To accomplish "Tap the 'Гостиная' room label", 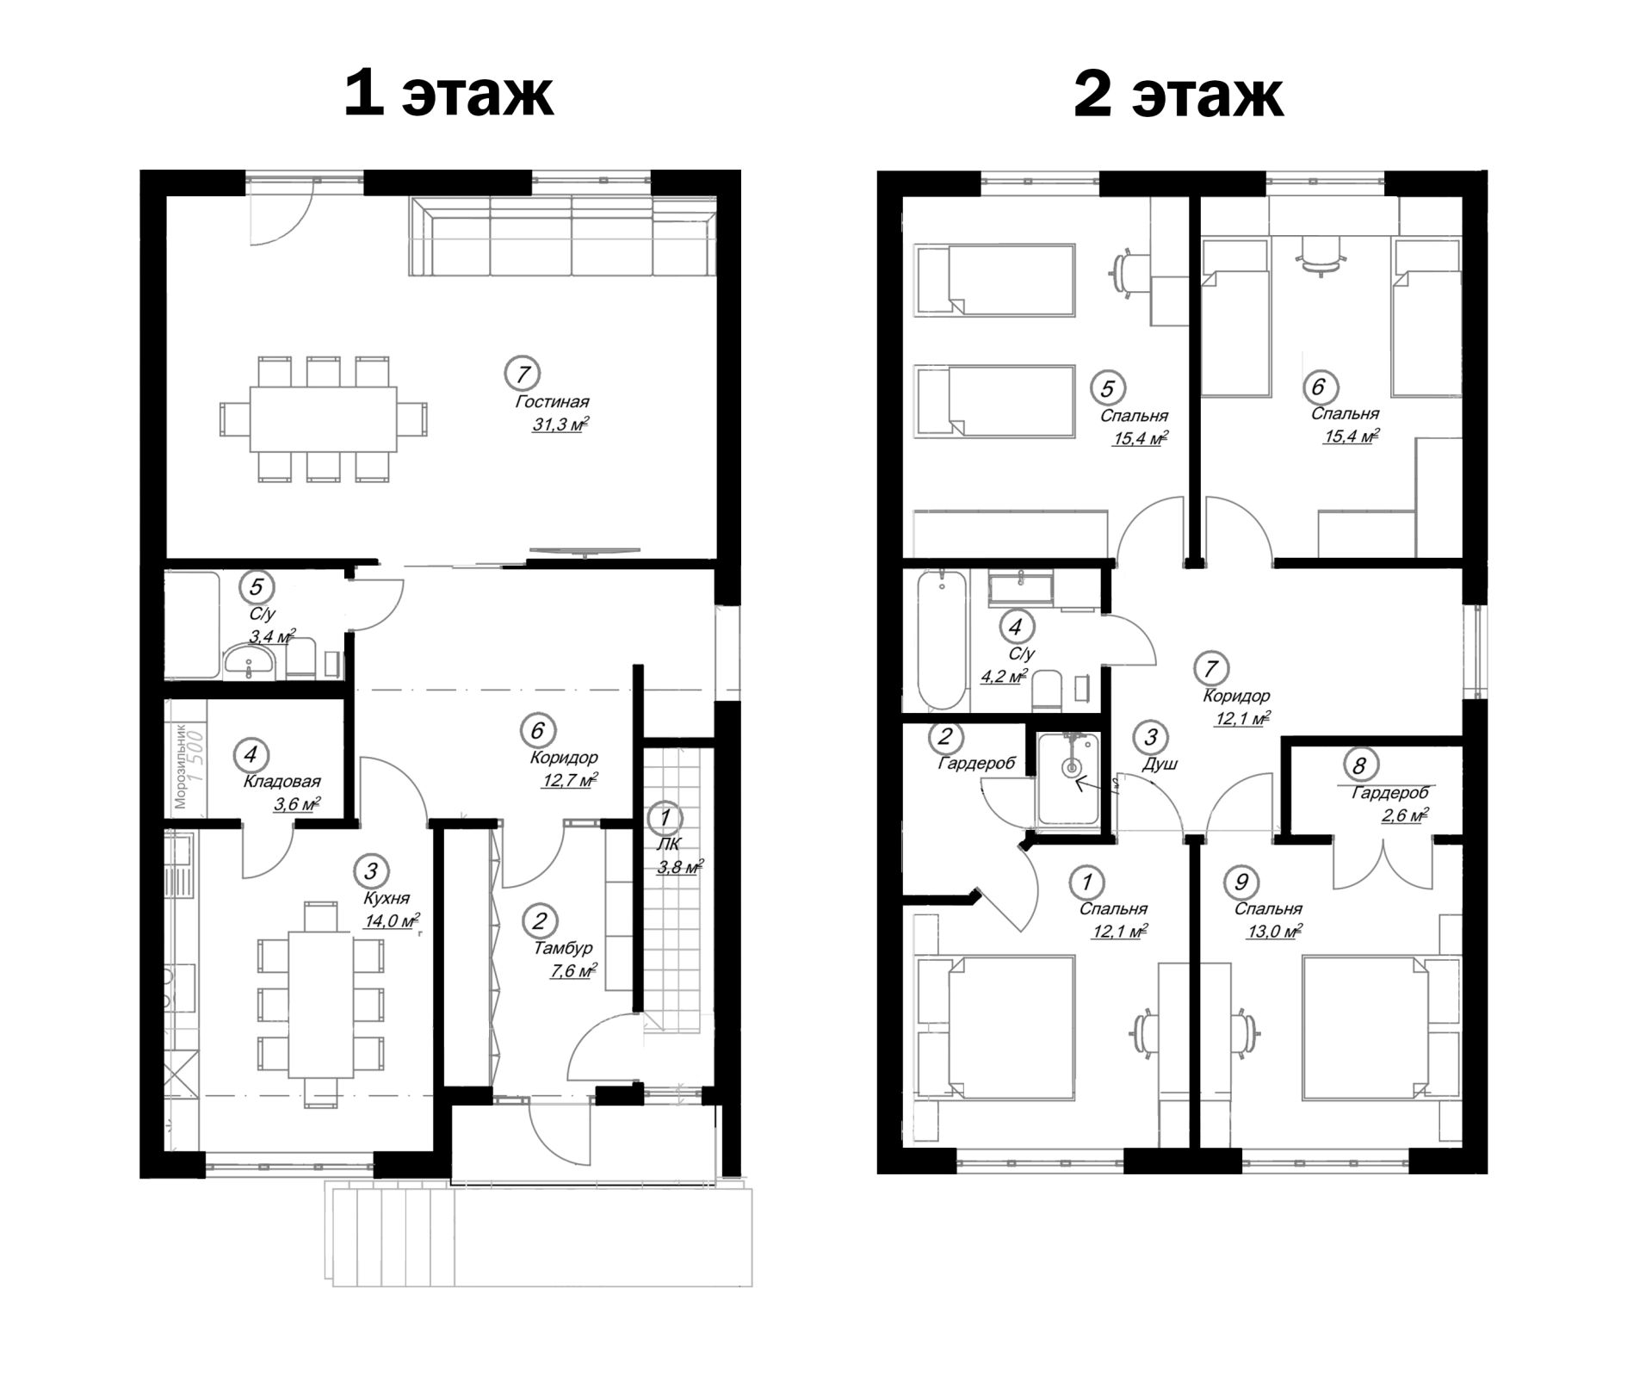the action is [552, 402].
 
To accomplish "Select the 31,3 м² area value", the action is [560, 424].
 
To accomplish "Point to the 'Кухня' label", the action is [387, 897].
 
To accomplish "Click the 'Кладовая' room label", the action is [282, 782].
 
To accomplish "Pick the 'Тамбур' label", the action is [563, 948].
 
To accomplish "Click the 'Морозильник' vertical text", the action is [181, 765].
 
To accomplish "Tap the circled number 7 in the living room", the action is [522, 374].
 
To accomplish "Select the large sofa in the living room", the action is [563, 236].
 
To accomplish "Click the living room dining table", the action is [324, 419].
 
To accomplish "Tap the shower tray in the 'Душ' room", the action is [1068, 778].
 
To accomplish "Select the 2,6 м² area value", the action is [1404, 814].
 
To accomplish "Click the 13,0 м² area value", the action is [1274, 931].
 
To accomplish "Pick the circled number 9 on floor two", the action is [1241, 882].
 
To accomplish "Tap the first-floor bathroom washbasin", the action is [250, 663].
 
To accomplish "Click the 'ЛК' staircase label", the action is [668, 845].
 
